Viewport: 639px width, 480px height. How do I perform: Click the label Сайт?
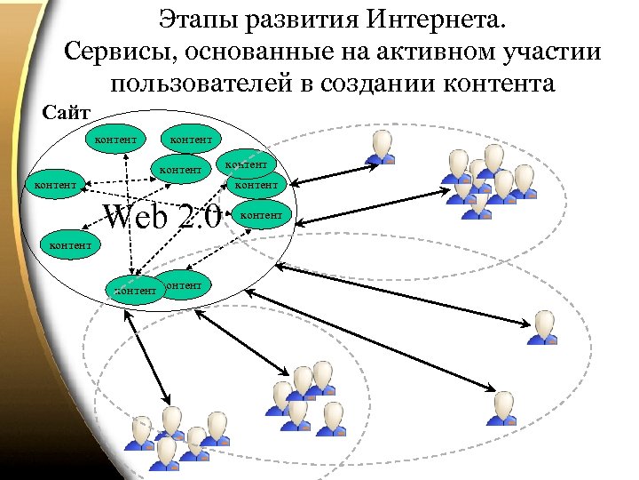67,113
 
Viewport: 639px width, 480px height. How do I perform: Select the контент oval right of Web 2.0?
262,215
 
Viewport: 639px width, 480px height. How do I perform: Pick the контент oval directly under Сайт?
114,139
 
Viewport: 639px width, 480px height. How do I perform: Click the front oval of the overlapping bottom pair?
134,290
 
